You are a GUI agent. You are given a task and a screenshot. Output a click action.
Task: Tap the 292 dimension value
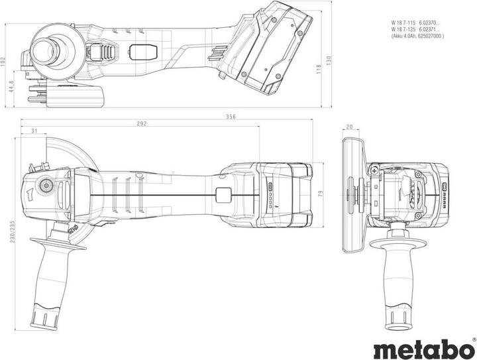click(x=142, y=123)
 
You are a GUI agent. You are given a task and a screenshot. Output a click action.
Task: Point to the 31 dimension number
click(x=33, y=131)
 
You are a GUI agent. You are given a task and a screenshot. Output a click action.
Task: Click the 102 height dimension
click(x=3, y=60)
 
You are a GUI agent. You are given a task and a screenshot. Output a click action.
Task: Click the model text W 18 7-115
click(x=403, y=23)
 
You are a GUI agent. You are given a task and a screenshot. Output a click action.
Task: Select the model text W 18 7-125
click(x=403, y=29)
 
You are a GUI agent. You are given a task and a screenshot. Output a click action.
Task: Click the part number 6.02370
click(x=432, y=23)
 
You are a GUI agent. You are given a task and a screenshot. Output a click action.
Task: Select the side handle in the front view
click(x=399, y=272)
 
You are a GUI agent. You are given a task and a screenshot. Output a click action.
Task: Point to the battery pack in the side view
click(x=272, y=46)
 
